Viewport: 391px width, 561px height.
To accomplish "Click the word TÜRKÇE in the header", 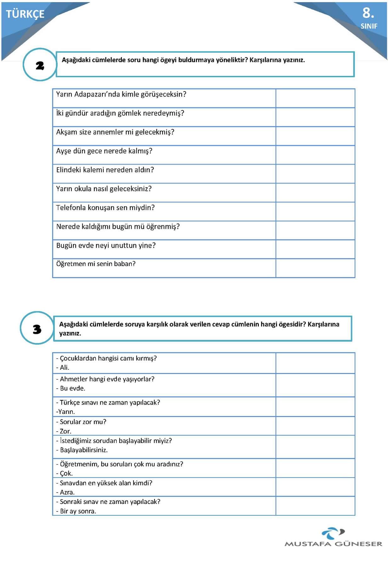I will click(x=25, y=14).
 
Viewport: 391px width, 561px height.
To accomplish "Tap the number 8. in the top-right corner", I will click(x=368, y=13).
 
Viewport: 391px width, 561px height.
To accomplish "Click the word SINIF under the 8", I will click(x=369, y=26).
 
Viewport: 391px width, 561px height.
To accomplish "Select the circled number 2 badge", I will click(x=40, y=65).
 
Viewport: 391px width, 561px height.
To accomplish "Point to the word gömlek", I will click(x=129, y=113).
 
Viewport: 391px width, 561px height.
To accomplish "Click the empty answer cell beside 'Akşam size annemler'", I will click(x=315, y=136).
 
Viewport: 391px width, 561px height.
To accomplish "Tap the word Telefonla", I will click(x=71, y=208).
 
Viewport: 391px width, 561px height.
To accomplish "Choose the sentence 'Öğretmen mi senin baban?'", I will click(x=96, y=264).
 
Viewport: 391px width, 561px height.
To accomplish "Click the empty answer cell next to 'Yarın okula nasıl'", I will click(x=315, y=192).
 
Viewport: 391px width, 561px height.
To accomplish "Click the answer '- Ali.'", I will click(x=63, y=367).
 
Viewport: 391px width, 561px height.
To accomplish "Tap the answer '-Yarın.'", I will click(x=65, y=411).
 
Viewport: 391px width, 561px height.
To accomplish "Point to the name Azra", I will click(x=66, y=492).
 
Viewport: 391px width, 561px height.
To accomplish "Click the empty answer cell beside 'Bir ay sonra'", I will click(x=315, y=506).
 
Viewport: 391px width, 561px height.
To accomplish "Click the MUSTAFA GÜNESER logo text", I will click(x=333, y=544).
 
